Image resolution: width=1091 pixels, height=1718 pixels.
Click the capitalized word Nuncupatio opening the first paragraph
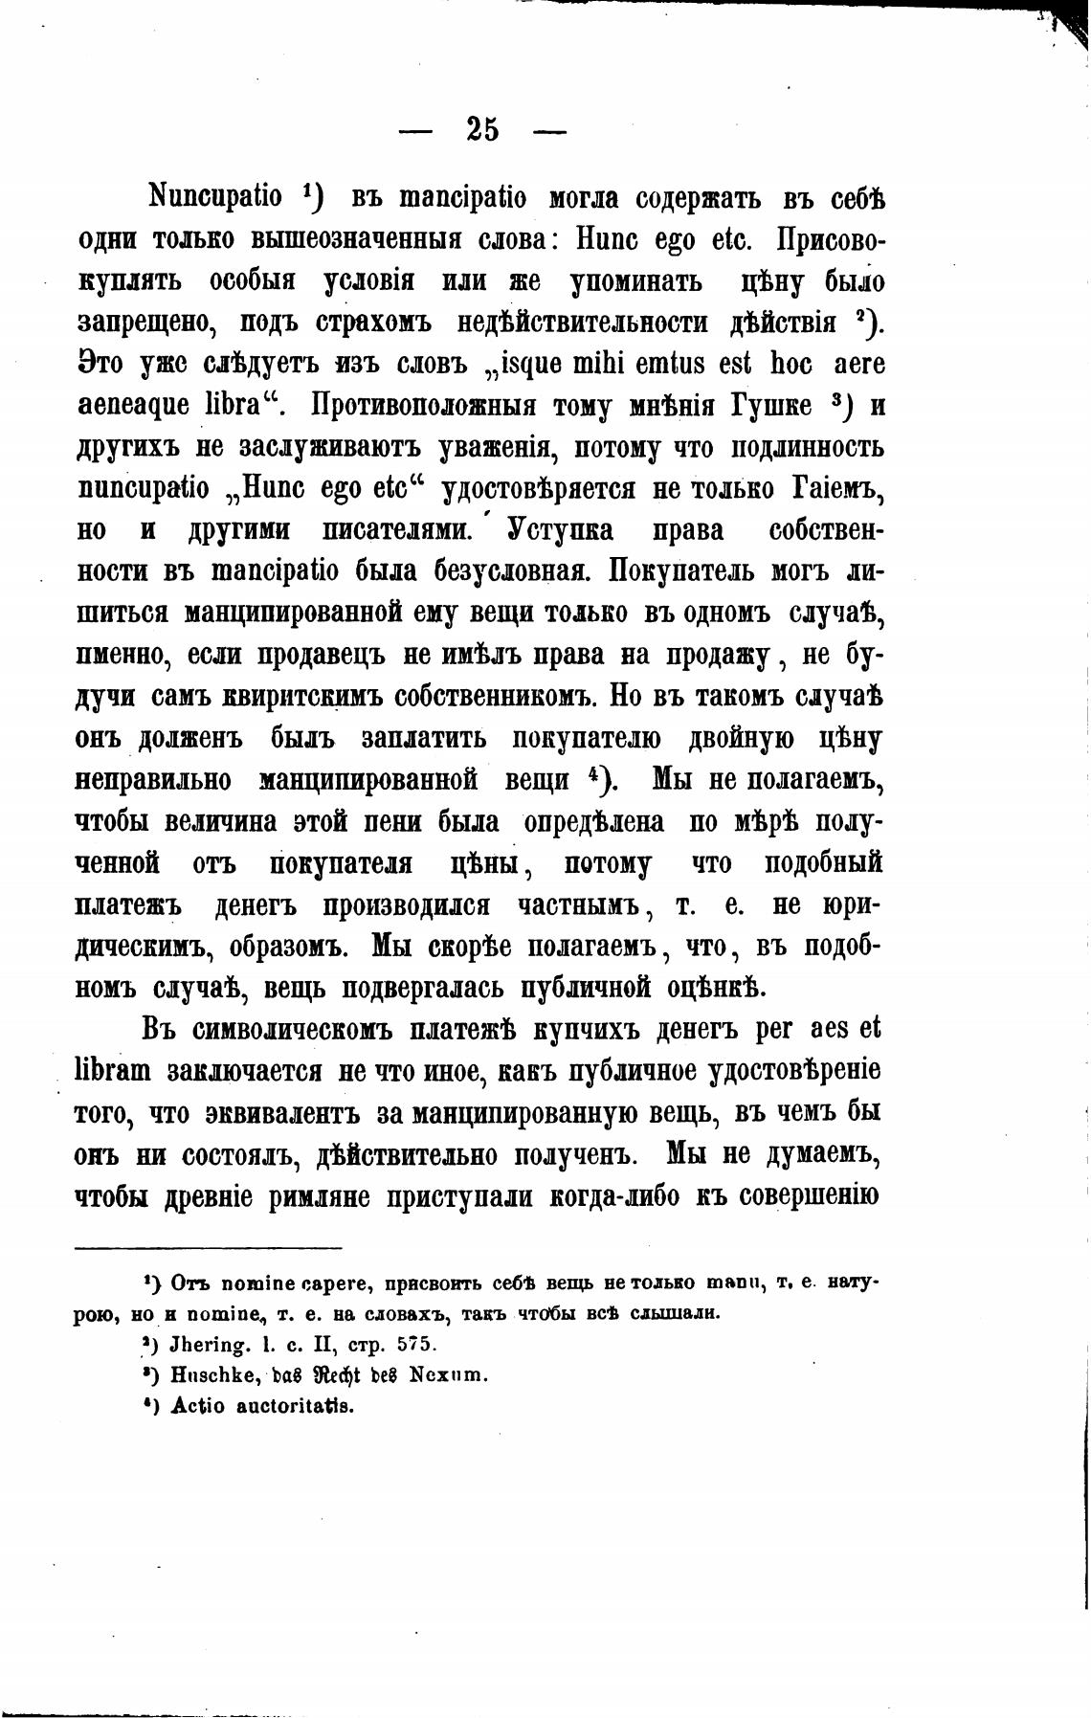point(215,199)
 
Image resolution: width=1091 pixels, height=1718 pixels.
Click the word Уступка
point(560,530)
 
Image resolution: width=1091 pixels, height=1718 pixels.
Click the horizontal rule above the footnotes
point(208,1247)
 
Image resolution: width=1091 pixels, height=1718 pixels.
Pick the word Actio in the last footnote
point(195,1406)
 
